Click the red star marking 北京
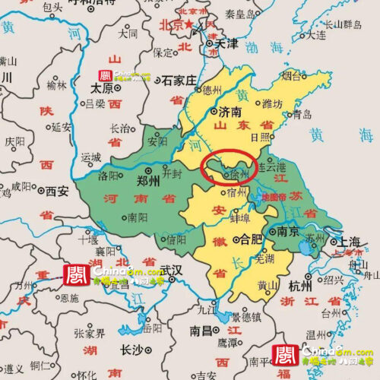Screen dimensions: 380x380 pos(188,26)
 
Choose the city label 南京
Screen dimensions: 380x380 pos(287,231)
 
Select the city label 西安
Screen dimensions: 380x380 pos(56,191)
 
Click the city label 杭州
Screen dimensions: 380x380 pos(300,287)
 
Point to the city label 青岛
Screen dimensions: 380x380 pos(302,115)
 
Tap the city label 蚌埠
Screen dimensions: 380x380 pos(240,217)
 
